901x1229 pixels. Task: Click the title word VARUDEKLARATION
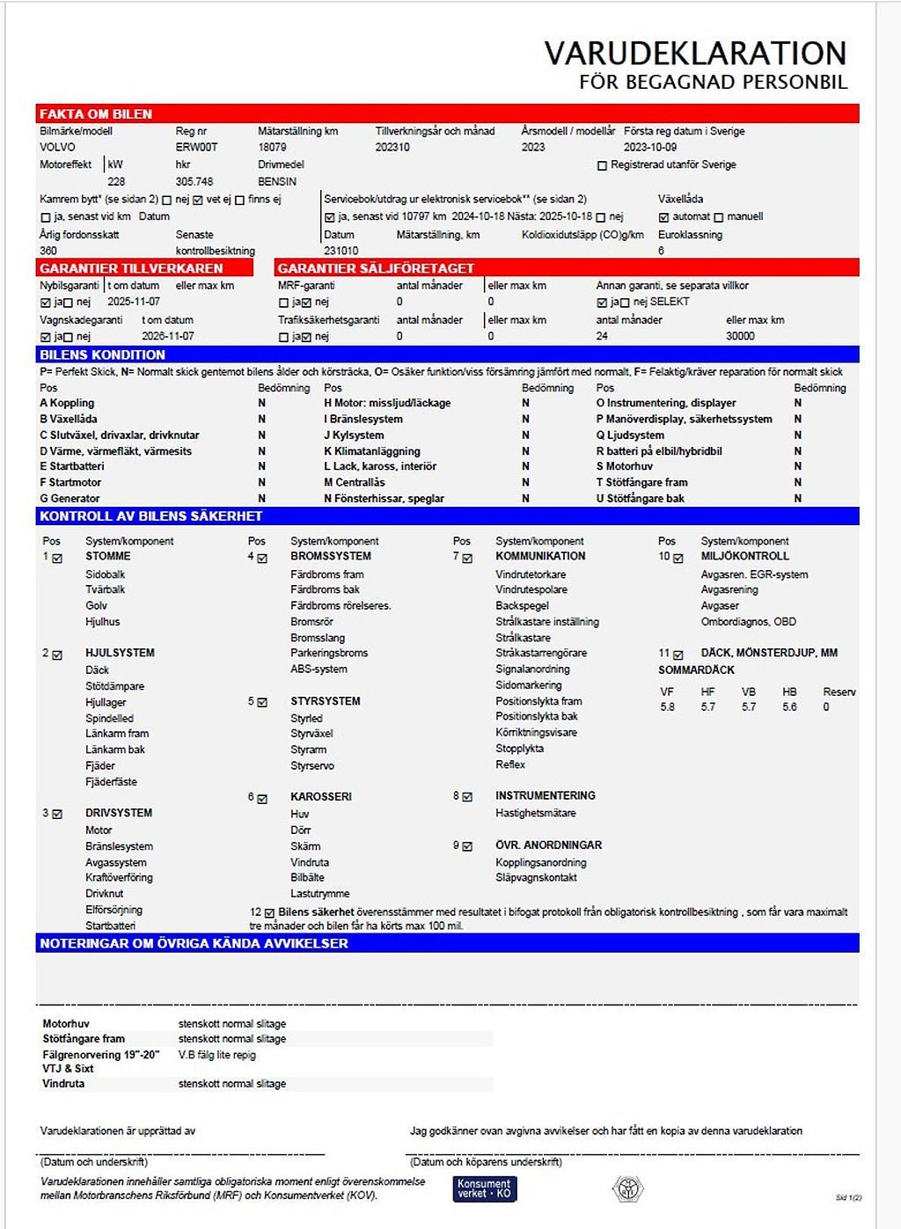pyautogui.click(x=695, y=54)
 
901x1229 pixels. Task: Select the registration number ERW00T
pyautogui.click(x=196, y=148)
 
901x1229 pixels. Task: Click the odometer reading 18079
pyautogui.click(x=272, y=148)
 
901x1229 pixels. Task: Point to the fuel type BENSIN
pyautogui.click(x=277, y=182)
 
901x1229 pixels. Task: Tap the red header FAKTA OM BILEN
pyautogui.click(x=96, y=114)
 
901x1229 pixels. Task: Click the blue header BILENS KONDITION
pyautogui.click(x=102, y=355)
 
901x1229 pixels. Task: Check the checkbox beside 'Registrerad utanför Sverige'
pyautogui.click(x=603, y=165)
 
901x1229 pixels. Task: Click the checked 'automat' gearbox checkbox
pyautogui.click(x=663, y=217)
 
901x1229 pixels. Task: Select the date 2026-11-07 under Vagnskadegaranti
pyautogui.click(x=168, y=336)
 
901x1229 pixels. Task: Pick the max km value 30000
pyautogui.click(x=740, y=336)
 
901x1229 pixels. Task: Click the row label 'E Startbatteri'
pyautogui.click(x=72, y=467)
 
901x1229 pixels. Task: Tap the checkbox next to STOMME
pyautogui.click(x=58, y=558)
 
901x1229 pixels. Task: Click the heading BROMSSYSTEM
pyautogui.click(x=331, y=557)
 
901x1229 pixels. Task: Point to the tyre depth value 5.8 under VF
pyautogui.click(x=668, y=707)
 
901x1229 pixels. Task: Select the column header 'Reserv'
pyautogui.click(x=839, y=692)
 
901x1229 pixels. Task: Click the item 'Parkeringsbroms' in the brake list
pyautogui.click(x=329, y=654)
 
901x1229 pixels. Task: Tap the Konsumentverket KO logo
pyautogui.click(x=484, y=1189)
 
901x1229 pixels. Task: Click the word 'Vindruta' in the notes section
pyautogui.click(x=63, y=1084)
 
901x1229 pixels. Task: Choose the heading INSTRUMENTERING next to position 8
pyautogui.click(x=545, y=796)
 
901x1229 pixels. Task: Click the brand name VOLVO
pyautogui.click(x=58, y=148)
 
